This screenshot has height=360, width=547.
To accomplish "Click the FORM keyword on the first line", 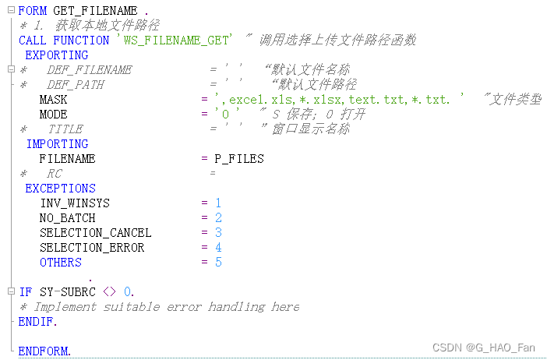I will coord(33,11).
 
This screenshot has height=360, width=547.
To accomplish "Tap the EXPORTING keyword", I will coord(57,55).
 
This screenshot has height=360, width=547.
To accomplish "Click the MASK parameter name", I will coord(53,100).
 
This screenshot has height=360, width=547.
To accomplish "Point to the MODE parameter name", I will coord(53,115).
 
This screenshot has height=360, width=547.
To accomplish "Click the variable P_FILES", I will coord(239,159).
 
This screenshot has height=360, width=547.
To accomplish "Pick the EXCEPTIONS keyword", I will coord(60,189).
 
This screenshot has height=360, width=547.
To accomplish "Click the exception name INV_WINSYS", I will coord(74,203).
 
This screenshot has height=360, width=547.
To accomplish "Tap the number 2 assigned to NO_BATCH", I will coord(219,218).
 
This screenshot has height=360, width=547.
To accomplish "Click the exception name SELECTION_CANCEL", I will coord(95,233).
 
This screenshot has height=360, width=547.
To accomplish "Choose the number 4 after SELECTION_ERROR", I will coord(219,248).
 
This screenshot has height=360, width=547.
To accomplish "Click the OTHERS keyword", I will coord(60,263).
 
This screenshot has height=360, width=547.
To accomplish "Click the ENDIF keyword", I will coord(37,322).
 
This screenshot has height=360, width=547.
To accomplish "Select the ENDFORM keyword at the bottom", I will coord(44,351).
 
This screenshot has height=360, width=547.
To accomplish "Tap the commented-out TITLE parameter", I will coord(65,129).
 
